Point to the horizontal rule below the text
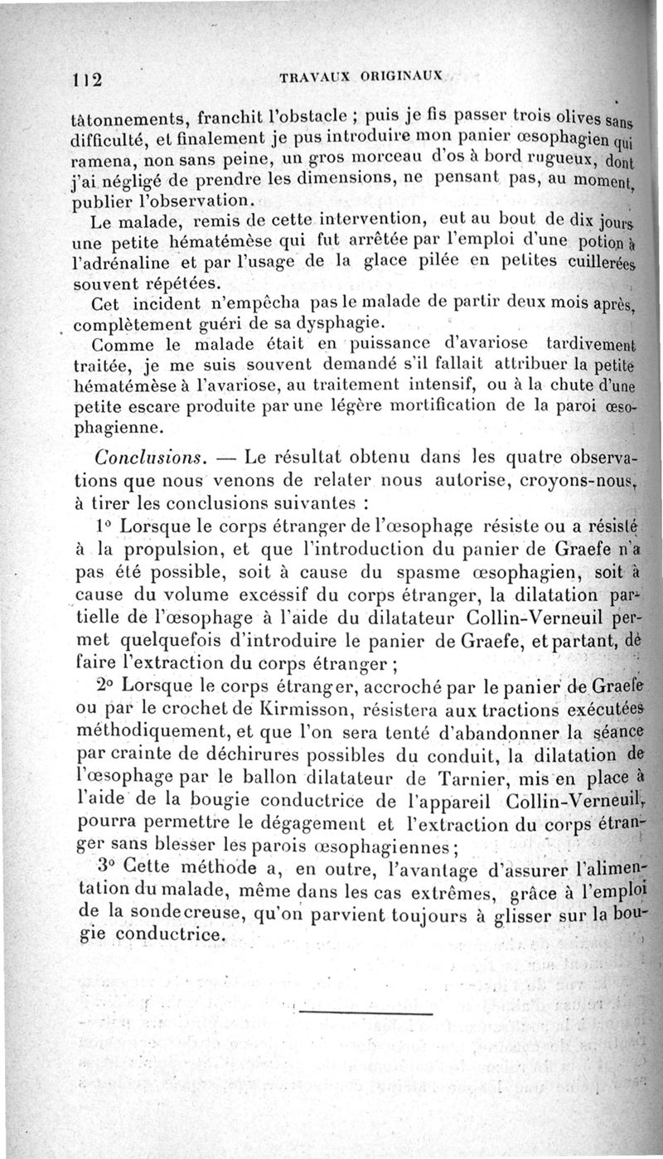(365, 1012)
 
